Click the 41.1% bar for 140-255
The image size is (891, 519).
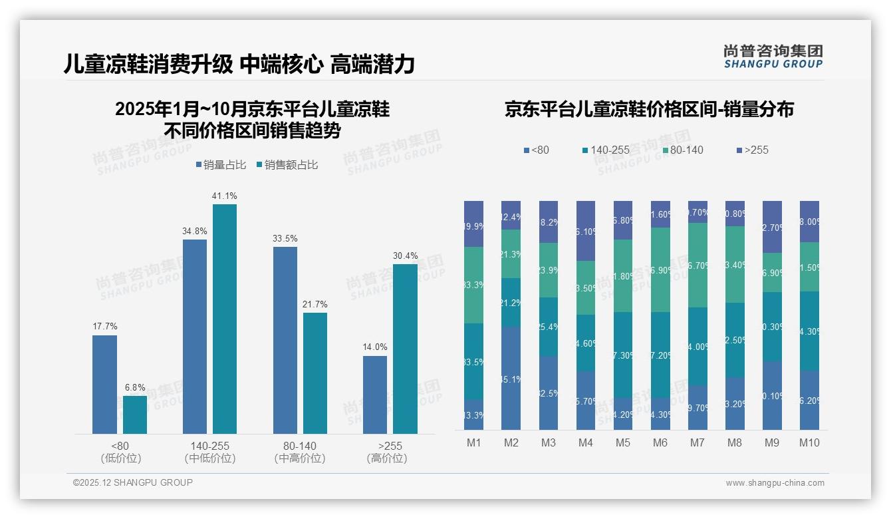coord(225,319)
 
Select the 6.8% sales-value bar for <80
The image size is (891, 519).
coord(135,415)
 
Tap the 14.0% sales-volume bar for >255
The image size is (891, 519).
coord(375,395)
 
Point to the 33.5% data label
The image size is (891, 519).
coord(285,238)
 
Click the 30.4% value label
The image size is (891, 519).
coord(406,256)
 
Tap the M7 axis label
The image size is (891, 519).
coord(698,442)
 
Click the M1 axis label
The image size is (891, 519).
coord(473,442)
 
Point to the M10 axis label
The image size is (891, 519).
coord(809,442)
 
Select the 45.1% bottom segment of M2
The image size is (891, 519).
coord(511,378)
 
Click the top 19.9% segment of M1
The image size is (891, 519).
coord(473,224)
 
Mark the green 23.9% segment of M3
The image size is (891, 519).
coord(549,269)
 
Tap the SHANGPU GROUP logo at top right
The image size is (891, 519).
coord(773,57)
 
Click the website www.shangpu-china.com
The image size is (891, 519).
coord(775,483)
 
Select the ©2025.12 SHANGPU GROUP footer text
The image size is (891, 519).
coord(133,482)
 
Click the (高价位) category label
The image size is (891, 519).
coord(387,458)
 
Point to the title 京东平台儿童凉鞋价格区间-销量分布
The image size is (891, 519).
coord(649,110)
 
